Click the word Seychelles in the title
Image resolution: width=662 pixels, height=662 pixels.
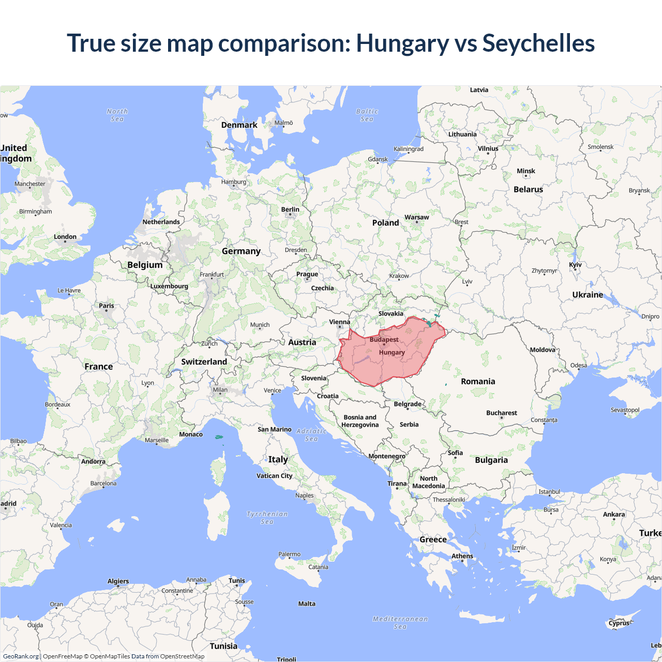coord(538,43)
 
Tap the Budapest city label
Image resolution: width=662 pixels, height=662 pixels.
coord(384,340)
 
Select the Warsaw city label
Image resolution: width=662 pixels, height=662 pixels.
coord(416,217)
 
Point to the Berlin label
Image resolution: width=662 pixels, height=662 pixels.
coord(290,209)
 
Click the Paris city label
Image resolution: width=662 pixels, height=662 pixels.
coord(107,306)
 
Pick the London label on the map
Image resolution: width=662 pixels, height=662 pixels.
coord(65,237)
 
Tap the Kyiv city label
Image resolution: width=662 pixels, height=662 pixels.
coord(575,265)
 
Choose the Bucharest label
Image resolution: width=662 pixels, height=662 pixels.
coord(501,413)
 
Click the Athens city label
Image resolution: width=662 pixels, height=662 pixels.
coord(462,556)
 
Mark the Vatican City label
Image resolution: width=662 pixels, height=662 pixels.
coord(275,476)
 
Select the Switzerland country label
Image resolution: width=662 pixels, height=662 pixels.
coord(204,362)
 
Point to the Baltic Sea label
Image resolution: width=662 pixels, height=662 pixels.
coord(367,115)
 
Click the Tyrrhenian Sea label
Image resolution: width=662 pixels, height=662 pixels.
coord(267,518)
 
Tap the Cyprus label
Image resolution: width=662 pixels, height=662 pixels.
coord(619,623)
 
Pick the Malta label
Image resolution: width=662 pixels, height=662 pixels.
coord(307,604)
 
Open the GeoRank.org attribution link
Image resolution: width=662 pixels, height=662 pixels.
coord(21,656)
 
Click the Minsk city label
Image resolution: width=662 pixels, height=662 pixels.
coord(526,171)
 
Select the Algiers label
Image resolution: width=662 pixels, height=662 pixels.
coord(118,581)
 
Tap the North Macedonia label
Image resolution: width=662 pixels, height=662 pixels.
coord(428,482)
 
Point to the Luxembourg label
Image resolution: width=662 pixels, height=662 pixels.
coord(169,286)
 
